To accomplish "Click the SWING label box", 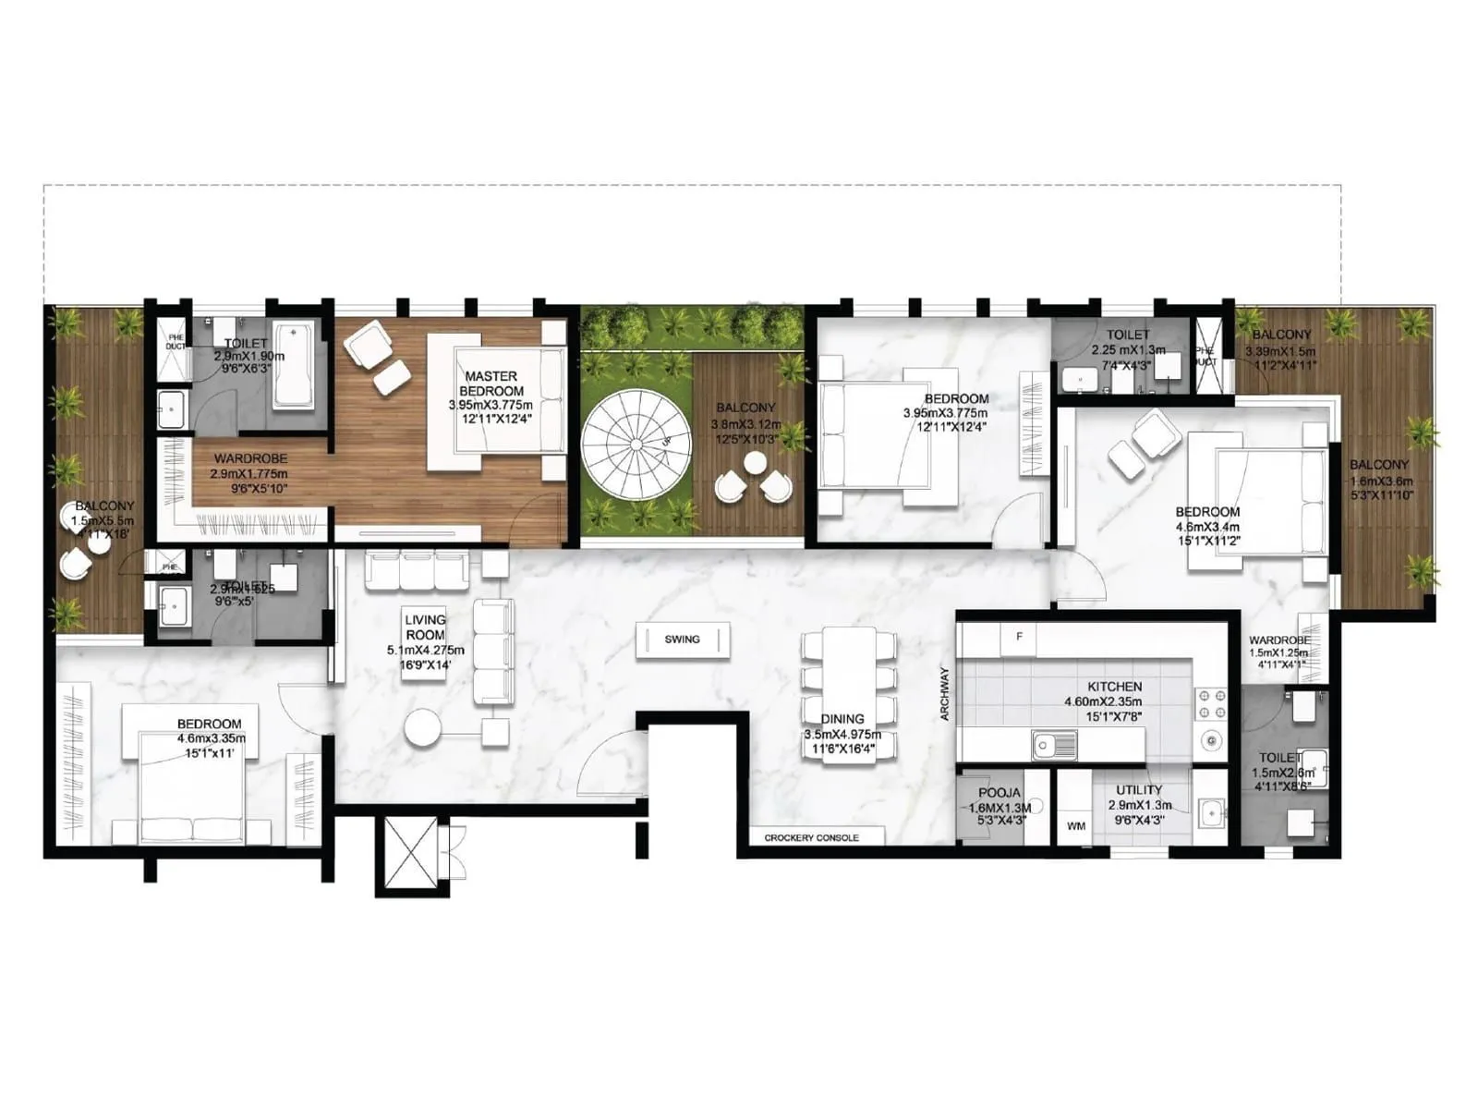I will (x=683, y=640).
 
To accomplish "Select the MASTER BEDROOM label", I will (x=491, y=384).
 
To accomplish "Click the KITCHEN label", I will (x=1114, y=687).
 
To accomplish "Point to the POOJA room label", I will (x=999, y=793).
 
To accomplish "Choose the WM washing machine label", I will (x=1076, y=826).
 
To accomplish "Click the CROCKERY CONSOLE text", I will (x=811, y=838).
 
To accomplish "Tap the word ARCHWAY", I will (x=944, y=693).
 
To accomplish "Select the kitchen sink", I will (x=1054, y=743).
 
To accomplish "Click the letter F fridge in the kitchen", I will (x=1020, y=637).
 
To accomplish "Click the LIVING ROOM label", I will (x=425, y=628).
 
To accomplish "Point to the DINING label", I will (x=842, y=719).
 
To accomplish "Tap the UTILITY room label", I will (x=1139, y=790).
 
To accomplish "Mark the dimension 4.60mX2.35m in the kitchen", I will (x=1103, y=701).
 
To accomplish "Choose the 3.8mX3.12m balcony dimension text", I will (x=745, y=424).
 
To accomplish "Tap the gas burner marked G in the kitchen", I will (x=1210, y=740).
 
